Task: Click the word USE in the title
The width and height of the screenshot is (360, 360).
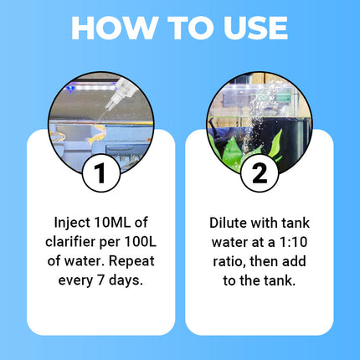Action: (x=255, y=28)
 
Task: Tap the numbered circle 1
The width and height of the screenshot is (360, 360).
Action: (x=101, y=173)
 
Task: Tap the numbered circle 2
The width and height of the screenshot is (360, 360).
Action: (x=260, y=173)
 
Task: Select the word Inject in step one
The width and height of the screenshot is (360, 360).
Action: (x=72, y=224)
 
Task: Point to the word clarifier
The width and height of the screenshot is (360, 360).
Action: (x=70, y=242)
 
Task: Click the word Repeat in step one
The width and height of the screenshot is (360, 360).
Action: (x=131, y=261)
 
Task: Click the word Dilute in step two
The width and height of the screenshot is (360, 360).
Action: (x=228, y=223)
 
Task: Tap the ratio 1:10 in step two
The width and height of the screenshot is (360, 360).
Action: (x=293, y=242)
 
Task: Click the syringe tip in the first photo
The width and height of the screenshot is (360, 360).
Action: (x=107, y=107)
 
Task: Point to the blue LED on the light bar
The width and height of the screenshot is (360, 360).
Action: (x=69, y=88)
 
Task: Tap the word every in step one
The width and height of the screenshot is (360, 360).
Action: (x=75, y=281)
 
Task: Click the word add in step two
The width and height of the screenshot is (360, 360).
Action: (x=294, y=261)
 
